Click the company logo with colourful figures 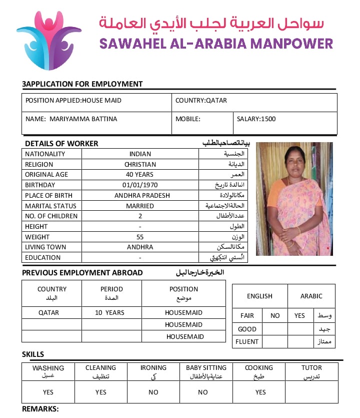coord(49,40)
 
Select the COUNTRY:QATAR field coord(201,101)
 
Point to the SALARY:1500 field coord(256,119)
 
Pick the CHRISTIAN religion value coord(140,164)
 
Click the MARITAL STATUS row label coord(50,206)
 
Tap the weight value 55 coord(140,237)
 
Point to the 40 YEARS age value coord(140,175)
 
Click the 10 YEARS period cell coord(110,313)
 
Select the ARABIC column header coord(311,296)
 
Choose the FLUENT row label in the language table coord(247,342)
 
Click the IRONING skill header coord(153,368)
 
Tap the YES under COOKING coord(260,392)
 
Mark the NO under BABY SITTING coord(202,392)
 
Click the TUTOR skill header coord(311,368)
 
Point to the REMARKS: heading coord(40,409)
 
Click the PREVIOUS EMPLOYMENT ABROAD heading coord(82,273)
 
